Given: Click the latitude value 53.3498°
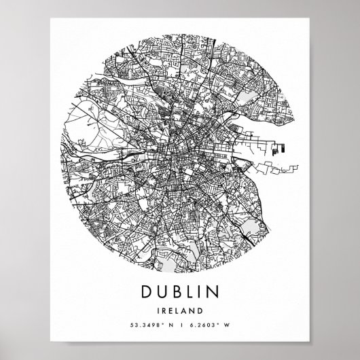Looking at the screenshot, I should [143, 328].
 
